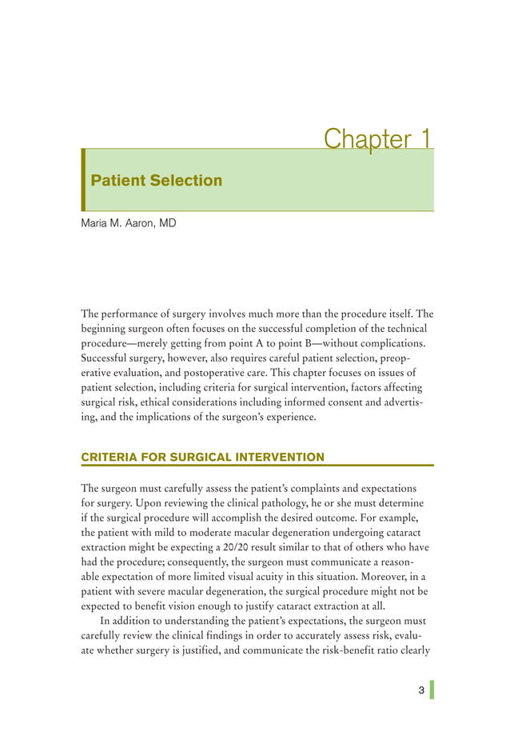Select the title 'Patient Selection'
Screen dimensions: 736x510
click(x=157, y=180)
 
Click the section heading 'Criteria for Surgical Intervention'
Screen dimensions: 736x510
click(x=203, y=457)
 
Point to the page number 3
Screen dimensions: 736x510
click(x=421, y=690)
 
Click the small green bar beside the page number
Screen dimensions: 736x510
click(x=432, y=690)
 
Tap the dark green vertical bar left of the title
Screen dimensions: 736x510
click(x=83, y=180)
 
